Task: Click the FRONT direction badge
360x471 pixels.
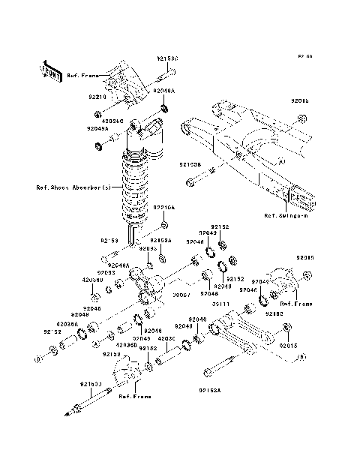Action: coord(50,69)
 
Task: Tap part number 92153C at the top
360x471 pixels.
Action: coord(167,58)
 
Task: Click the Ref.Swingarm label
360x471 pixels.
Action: coord(286,215)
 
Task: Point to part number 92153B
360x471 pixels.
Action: coord(189,163)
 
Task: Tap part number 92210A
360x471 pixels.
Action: coord(164,207)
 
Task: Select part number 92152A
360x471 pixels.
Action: coord(161,241)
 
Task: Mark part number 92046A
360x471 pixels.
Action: coord(118,265)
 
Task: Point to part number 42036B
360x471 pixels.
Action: coord(126,345)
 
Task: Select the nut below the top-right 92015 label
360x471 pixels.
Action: coord(301,118)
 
